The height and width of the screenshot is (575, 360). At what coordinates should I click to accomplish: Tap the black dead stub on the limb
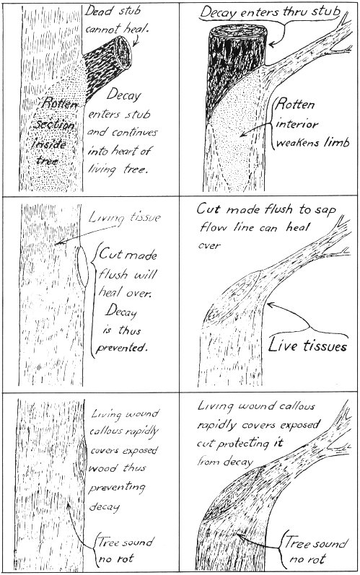click(x=237, y=70)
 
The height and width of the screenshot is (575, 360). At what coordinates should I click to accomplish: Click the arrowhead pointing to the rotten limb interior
click(x=243, y=135)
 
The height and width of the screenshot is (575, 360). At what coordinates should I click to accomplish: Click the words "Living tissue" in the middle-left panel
click(x=125, y=218)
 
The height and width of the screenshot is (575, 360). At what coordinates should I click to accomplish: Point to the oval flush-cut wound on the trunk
click(x=82, y=266)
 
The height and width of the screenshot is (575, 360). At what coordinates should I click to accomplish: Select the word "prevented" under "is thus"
click(x=121, y=348)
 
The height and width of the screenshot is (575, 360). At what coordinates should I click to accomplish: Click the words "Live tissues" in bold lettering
click(x=307, y=345)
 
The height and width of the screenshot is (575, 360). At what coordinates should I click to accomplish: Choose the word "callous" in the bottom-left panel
click(x=106, y=431)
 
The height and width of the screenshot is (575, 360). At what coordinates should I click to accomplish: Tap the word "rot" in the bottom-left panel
click(x=126, y=559)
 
